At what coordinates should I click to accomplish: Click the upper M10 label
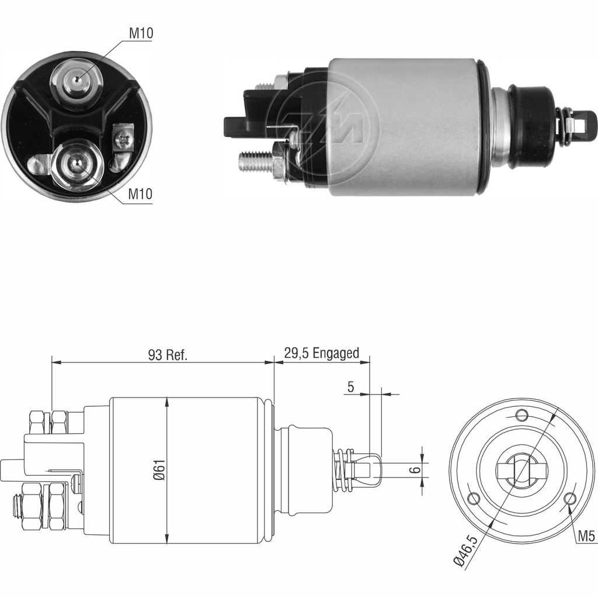(141, 34)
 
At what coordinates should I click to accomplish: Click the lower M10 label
(140, 195)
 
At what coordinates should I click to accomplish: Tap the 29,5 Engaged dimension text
(321, 354)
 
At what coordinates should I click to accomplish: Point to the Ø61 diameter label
(159, 471)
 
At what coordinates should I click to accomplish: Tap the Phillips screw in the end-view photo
(123, 139)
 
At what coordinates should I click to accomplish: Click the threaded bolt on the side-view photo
(256, 161)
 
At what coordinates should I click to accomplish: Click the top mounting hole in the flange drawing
(522, 416)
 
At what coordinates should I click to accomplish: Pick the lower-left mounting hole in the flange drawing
(474, 498)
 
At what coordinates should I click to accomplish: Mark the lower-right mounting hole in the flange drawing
(571, 498)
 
